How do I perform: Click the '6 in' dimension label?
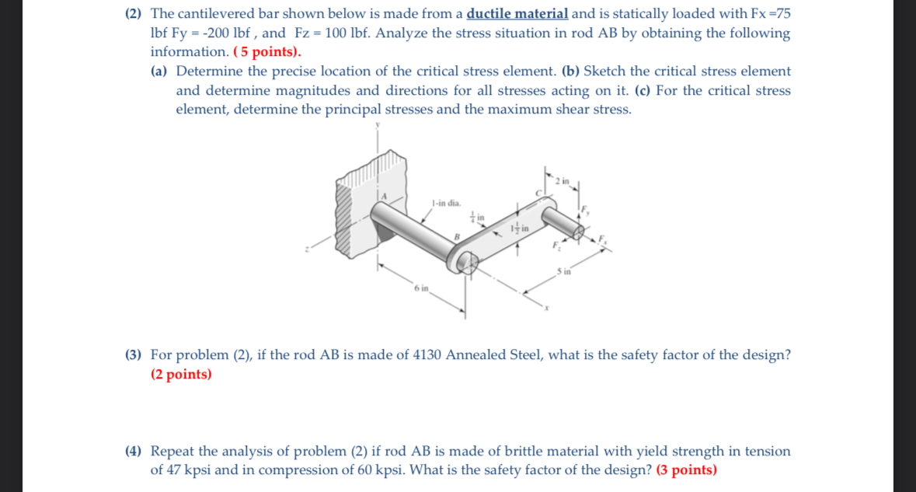coord(421,288)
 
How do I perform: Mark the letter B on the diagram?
coord(458,237)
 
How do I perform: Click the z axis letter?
coord(308,249)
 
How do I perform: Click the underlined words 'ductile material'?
coord(517,14)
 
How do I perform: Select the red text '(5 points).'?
coord(267,52)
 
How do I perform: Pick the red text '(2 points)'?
coord(181,375)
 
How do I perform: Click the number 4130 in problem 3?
coord(425,355)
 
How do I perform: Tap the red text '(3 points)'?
coord(687,470)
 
